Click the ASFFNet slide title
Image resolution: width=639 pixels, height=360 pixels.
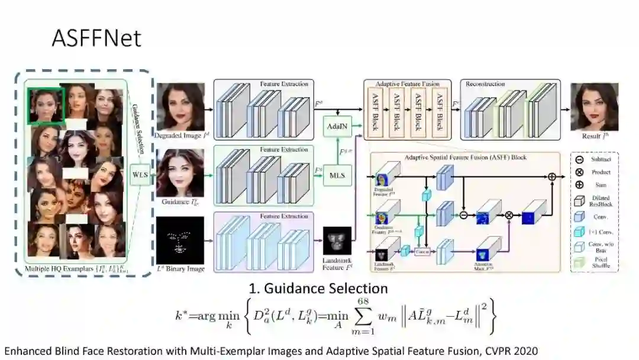pos(96,38)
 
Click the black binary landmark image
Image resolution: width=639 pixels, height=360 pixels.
pos(180,240)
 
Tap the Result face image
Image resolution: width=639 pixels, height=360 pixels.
pos(594,107)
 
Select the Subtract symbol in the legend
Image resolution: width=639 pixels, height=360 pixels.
pos(579,160)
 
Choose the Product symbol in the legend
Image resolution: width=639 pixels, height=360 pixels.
pos(579,172)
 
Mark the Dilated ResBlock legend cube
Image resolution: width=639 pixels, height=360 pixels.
pos(579,201)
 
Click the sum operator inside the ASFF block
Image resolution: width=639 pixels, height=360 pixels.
pos(552,176)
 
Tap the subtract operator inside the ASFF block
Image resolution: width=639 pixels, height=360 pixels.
pos(464,215)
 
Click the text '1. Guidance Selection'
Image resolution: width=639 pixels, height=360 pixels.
pos(318,288)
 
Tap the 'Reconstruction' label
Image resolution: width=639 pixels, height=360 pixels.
pos(485,84)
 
